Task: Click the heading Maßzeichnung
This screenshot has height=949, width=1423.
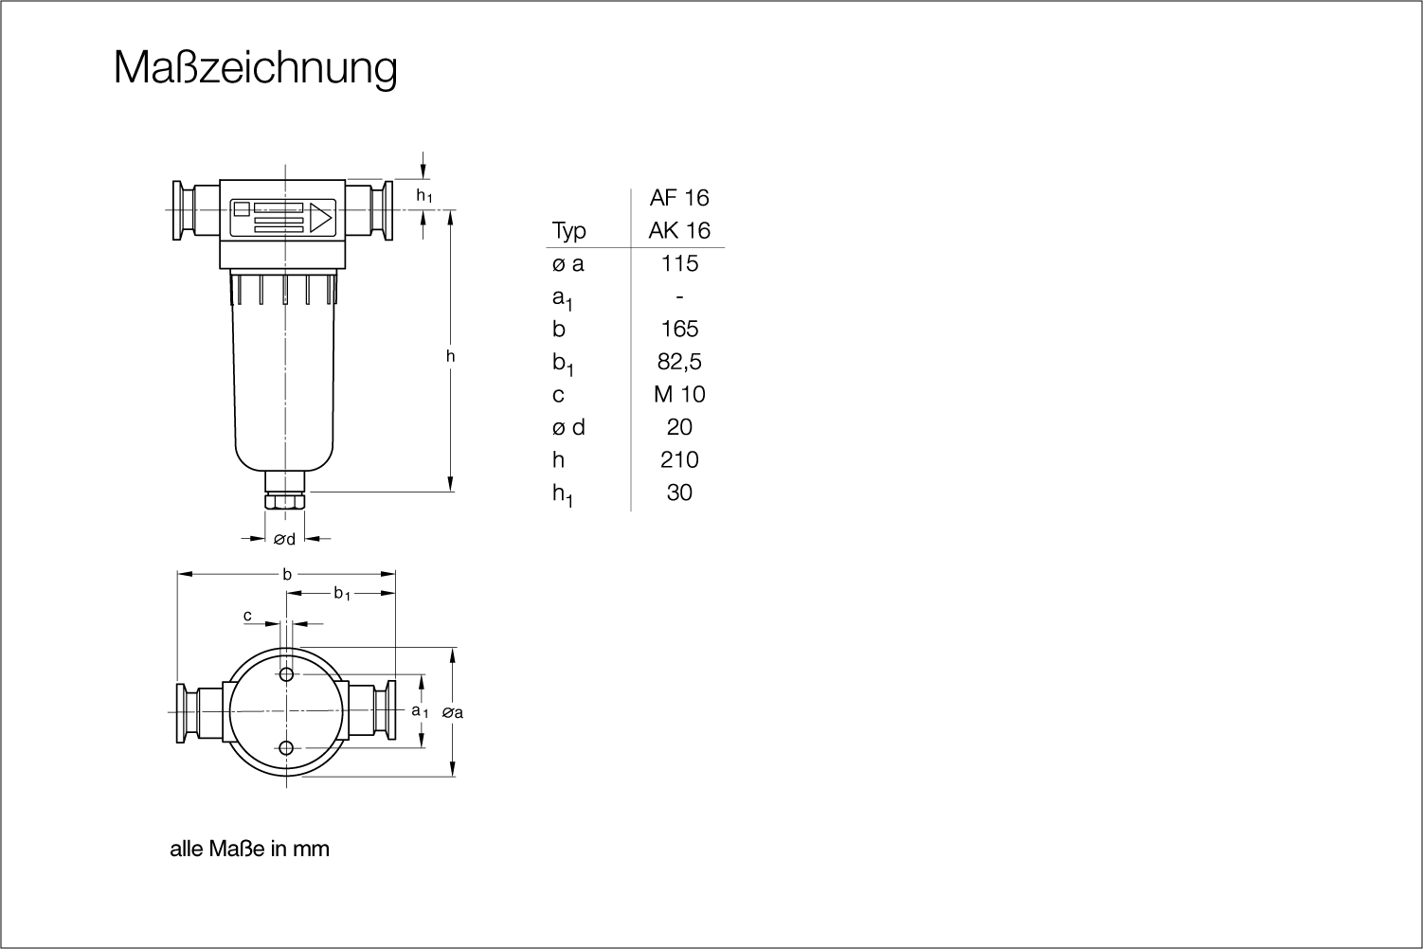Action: tap(256, 68)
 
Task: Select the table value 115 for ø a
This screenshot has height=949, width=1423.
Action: tap(679, 263)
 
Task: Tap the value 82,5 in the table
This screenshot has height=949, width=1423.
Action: tap(679, 362)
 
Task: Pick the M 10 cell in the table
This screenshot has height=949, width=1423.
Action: tap(679, 394)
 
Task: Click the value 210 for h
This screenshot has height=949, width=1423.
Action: tap(679, 460)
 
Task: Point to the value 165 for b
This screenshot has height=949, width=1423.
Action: tap(679, 329)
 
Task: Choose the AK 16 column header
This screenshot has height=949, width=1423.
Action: tap(679, 230)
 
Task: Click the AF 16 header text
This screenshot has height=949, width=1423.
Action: tap(679, 198)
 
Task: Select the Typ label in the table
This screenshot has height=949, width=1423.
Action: tap(568, 231)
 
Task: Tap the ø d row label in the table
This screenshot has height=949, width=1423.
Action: tap(567, 427)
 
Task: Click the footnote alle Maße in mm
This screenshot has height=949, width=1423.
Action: tap(250, 850)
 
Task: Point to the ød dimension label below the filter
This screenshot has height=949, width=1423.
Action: tap(284, 539)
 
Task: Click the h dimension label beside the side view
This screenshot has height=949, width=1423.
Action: tap(450, 356)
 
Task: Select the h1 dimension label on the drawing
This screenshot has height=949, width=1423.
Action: tap(424, 196)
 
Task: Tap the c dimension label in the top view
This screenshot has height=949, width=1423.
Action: tap(248, 616)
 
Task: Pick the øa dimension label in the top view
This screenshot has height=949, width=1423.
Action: tap(452, 713)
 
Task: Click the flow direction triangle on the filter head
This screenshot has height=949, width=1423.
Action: tap(321, 218)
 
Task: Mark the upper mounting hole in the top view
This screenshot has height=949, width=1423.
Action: tap(286, 674)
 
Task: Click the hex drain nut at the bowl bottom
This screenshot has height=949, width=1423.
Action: tap(284, 500)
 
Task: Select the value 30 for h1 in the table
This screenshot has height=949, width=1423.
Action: tap(679, 492)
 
